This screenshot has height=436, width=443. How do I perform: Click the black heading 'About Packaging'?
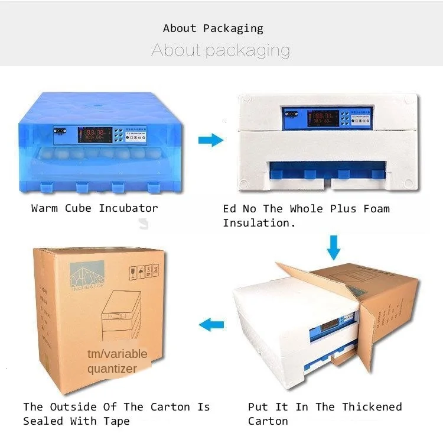pyautogui.click(x=213, y=28)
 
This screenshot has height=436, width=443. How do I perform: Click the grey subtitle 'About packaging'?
pyautogui.click(x=220, y=50)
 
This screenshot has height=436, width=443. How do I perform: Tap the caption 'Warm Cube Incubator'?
pyautogui.click(x=95, y=208)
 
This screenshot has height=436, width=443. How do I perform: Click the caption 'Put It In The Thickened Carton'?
pyautogui.click(x=325, y=414)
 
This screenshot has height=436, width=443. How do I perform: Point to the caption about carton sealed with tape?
pyautogui.click(x=116, y=414)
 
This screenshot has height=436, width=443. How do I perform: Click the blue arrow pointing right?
pyautogui.click(x=210, y=140)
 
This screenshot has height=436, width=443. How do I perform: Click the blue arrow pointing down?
pyautogui.click(x=334, y=247)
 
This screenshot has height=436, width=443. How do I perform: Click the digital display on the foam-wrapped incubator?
pyautogui.click(x=324, y=117)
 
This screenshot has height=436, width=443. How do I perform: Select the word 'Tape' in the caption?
pyautogui.click(x=116, y=421)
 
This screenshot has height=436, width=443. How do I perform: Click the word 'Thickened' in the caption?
pyautogui.click(x=372, y=406)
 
